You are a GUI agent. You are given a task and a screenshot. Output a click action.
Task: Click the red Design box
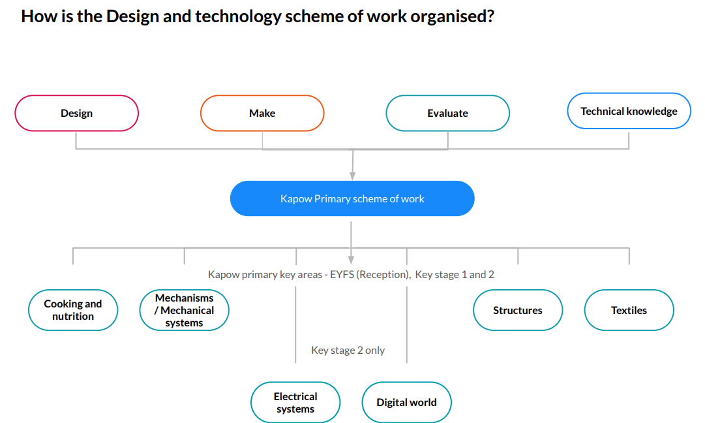77,113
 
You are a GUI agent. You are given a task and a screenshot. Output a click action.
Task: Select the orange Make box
262,113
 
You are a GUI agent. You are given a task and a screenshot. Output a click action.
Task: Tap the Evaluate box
447,113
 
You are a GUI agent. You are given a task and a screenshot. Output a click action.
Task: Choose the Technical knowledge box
629,111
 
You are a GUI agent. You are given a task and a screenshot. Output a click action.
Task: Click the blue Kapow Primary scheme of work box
352,198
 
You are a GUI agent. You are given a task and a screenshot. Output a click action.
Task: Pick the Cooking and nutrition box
73,310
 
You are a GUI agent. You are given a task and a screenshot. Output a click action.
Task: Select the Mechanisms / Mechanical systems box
184,310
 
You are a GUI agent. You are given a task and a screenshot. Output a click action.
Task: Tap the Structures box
518,310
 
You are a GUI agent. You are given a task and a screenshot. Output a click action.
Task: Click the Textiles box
629,310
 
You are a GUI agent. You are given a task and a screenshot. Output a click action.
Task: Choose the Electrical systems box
295,403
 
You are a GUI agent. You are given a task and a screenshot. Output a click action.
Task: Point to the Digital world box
406,403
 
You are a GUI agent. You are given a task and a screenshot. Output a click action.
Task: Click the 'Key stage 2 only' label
348,351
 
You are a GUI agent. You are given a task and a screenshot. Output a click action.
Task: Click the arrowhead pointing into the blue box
352,175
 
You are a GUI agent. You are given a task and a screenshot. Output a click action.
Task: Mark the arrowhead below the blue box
352,260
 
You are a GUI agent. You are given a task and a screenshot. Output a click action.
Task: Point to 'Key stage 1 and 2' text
455,275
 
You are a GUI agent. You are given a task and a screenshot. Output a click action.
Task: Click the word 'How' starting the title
38,16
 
